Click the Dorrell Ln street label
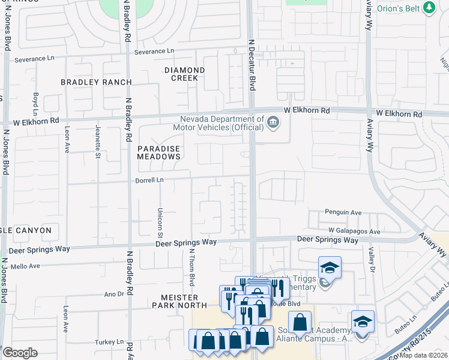coord(149,179)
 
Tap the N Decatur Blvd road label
coord(252,65)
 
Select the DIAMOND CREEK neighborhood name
coord(185,74)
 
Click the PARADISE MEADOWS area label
coord(159,152)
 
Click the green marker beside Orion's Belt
coord(429,7)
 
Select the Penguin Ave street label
coord(343,212)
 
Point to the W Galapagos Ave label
coord(354,231)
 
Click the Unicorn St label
coord(160,220)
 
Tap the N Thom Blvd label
coord(191,265)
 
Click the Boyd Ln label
coord(36,103)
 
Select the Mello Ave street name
coord(25,266)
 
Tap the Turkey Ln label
coord(109,342)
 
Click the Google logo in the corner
coord(20,353)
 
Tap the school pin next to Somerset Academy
coord(363,322)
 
